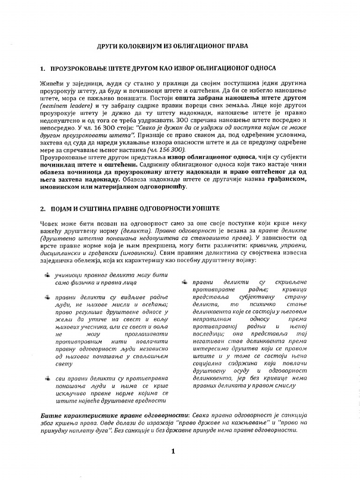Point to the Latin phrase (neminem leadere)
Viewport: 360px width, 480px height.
pyautogui.click(x=62, y=105)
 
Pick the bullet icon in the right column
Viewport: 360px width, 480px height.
pyautogui.click(x=185, y=282)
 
